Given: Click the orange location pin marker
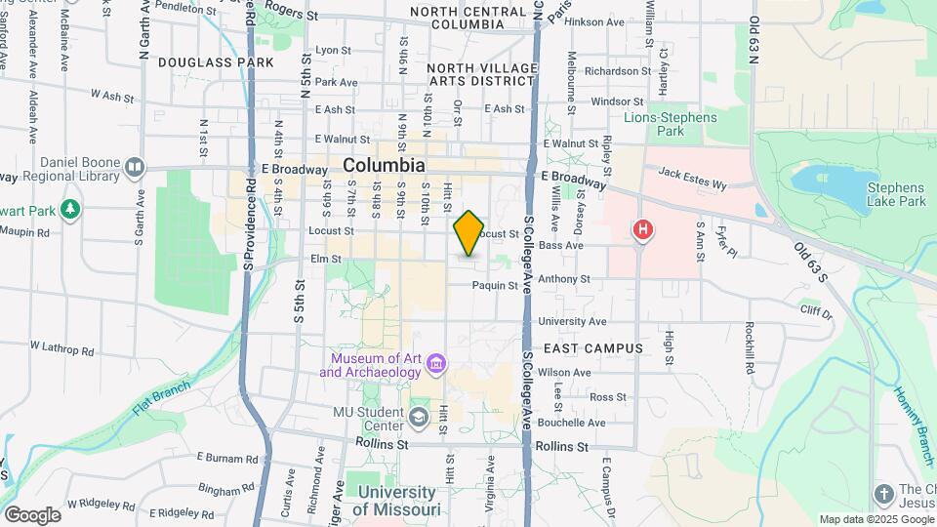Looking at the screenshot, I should tap(469, 233).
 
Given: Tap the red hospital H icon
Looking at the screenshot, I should tap(643, 230).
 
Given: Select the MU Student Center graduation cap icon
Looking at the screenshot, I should tap(419, 419).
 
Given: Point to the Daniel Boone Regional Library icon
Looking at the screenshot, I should tap(135, 167).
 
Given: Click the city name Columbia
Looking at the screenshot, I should tap(384, 166).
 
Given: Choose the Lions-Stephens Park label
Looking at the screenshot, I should tap(669, 124).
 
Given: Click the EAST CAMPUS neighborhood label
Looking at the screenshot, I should tap(593, 348).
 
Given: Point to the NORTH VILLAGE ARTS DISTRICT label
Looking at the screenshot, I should tap(482, 74).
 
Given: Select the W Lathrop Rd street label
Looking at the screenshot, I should tap(61, 347).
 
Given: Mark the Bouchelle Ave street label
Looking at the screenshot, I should tap(571, 423).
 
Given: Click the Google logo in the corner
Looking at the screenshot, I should tap(32, 515).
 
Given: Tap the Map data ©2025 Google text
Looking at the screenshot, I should tap(876, 519).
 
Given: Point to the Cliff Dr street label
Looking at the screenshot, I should tap(816, 313).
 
